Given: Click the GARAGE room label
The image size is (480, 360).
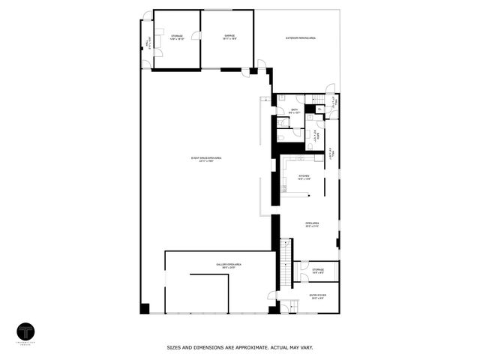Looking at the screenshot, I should pos(227,37).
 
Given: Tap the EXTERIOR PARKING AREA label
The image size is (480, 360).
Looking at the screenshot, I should pos(300,37).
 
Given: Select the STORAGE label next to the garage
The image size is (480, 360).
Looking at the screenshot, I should pos(176,37).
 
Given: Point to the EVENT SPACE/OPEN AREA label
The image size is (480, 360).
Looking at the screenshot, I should pos(206,159).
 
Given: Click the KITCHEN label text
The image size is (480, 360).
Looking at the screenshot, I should pos(304,178).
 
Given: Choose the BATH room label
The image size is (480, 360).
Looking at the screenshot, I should pos(295,111).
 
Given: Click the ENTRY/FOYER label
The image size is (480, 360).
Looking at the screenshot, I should pos(318,296).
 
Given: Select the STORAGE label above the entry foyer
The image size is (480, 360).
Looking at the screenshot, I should pos(318,270).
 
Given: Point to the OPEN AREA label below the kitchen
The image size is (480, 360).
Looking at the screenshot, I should pos(313,224).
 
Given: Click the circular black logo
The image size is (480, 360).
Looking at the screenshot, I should pos(26,332).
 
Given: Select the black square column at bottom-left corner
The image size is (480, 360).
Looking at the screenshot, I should pos(145,308).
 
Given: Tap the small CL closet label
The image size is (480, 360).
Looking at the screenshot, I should pos(319,109).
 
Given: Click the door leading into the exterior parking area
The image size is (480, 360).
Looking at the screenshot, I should pos(261,64).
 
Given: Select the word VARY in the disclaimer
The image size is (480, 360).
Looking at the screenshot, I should pos(306,347).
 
